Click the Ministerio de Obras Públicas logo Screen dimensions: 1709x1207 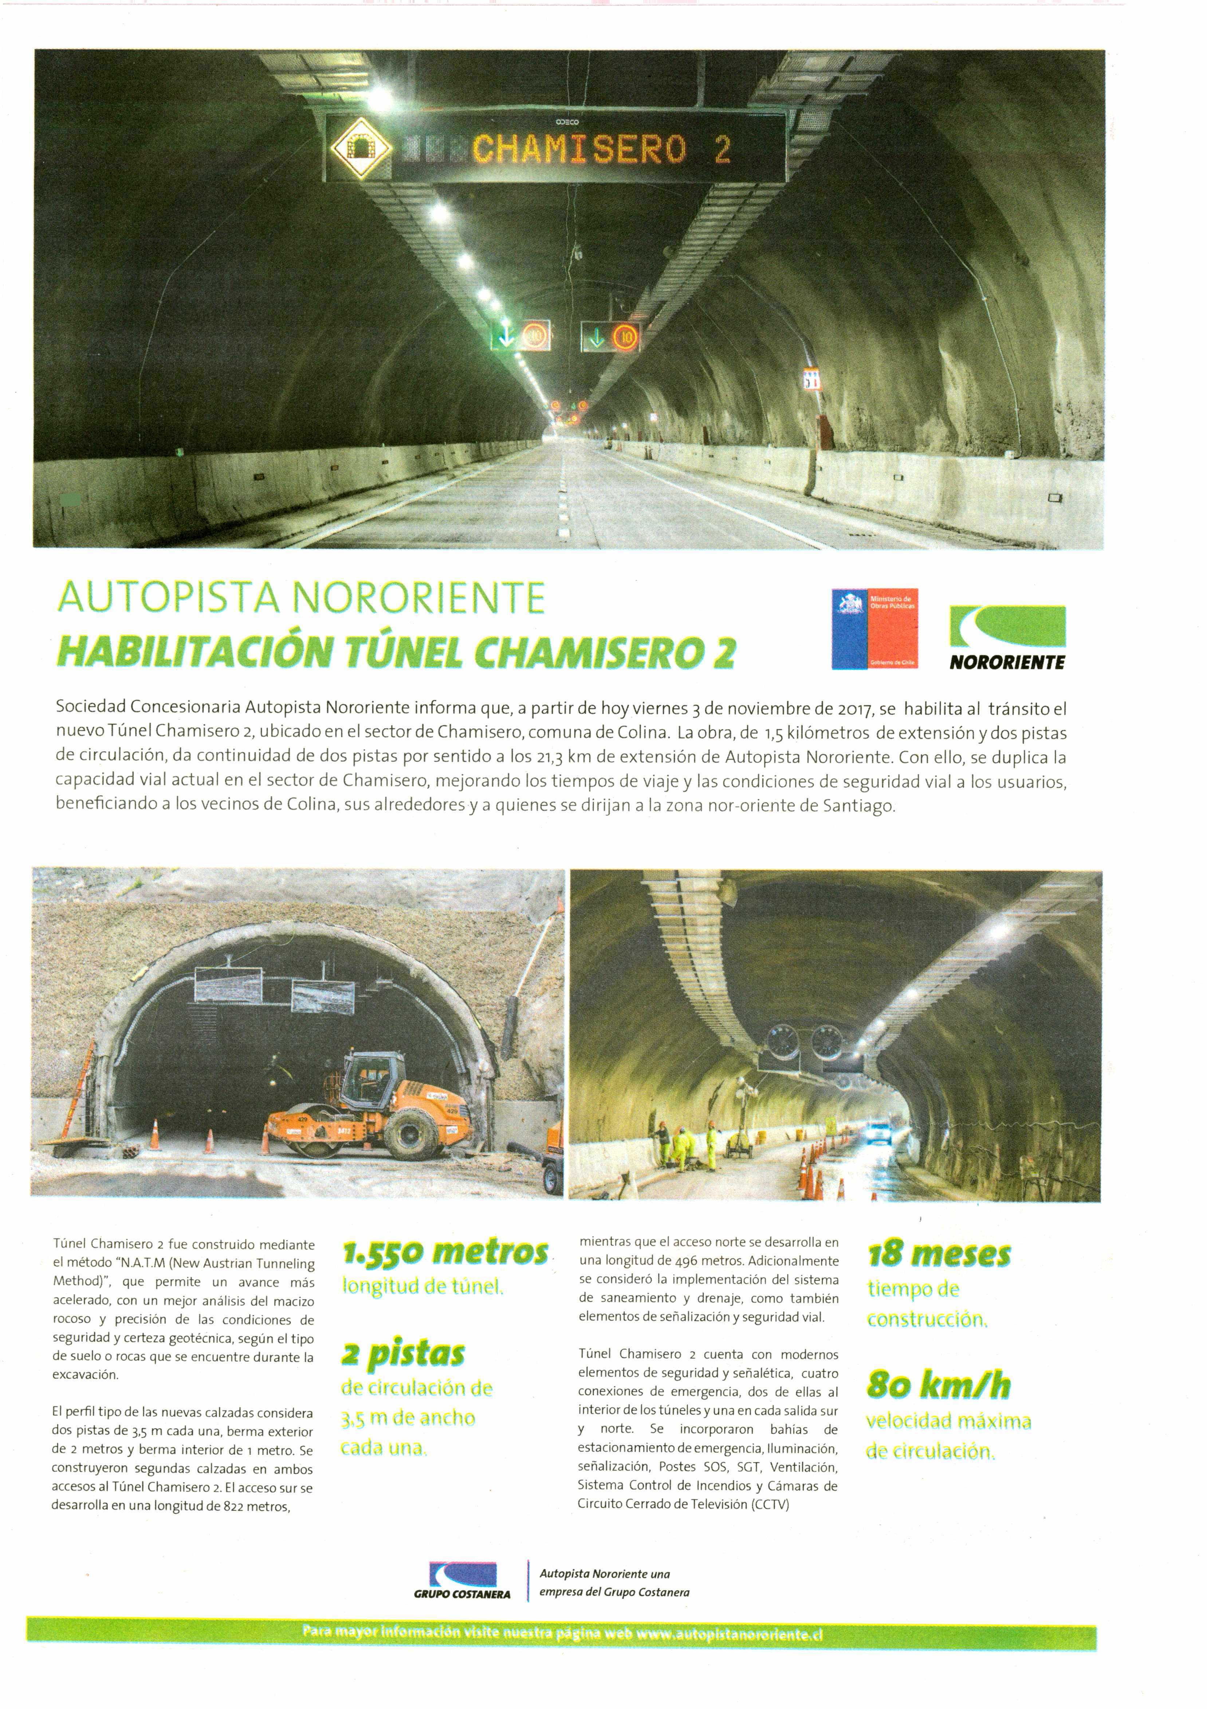point(874,628)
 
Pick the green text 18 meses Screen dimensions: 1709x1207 point(939,1255)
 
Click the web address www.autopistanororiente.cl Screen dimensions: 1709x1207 point(729,1635)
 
